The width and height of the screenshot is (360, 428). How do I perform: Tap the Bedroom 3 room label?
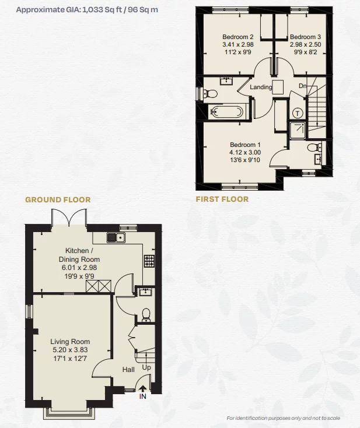(x=305, y=36)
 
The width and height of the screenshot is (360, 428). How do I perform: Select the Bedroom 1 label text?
(x=245, y=145)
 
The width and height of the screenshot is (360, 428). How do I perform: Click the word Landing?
(x=261, y=87)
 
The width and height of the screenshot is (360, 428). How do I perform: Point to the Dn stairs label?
(x=302, y=86)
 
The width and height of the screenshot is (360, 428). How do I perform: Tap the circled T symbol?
(x=298, y=113)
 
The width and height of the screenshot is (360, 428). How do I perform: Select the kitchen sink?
(x=116, y=237)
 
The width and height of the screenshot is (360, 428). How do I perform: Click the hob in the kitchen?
(x=149, y=260)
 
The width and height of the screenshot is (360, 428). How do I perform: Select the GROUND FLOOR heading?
(x=58, y=199)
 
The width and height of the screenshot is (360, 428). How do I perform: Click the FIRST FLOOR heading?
(x=222, y=199)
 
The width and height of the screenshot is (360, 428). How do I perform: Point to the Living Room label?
(x=70, y=342)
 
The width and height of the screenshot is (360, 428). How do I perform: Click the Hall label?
(x=128, y=369)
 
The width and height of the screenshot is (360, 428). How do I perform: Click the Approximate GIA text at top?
(x=88, y=10)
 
